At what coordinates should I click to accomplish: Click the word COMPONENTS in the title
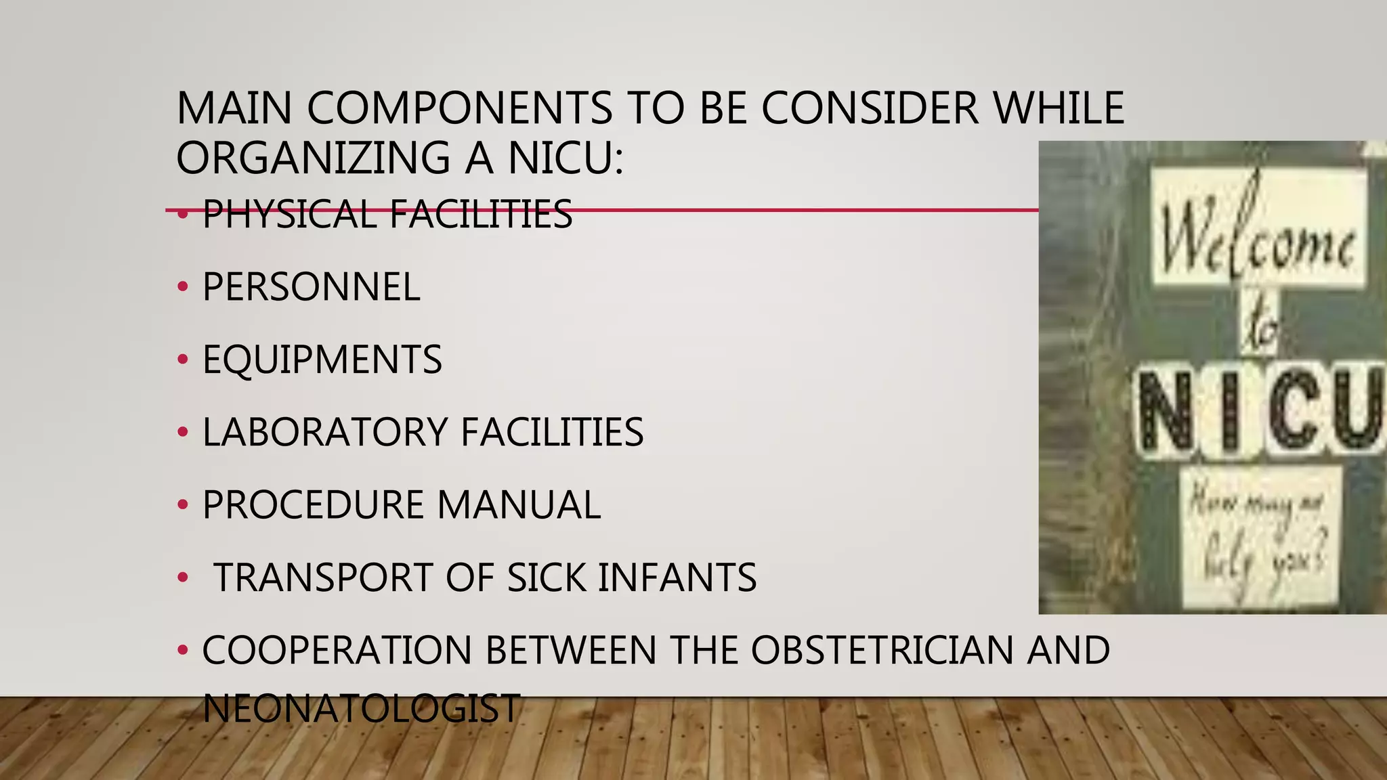click(460, 108)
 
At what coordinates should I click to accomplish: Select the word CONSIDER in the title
click(870, 108)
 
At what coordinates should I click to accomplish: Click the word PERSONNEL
click(312, 287)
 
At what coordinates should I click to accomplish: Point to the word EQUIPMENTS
click(322, 360)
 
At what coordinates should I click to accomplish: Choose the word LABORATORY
click(325, 432)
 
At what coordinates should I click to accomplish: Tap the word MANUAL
click(519, 505)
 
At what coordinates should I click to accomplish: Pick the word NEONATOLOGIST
click(361, 708)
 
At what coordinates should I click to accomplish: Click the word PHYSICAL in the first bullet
click(289, 215)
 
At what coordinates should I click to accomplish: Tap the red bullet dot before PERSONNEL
click(182, 287)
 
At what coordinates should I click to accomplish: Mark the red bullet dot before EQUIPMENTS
click(182, 360)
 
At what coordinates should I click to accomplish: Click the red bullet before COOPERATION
click(182, 650)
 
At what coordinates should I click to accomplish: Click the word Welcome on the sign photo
click(1258, 234)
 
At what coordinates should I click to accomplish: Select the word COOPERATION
click(337, 650)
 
